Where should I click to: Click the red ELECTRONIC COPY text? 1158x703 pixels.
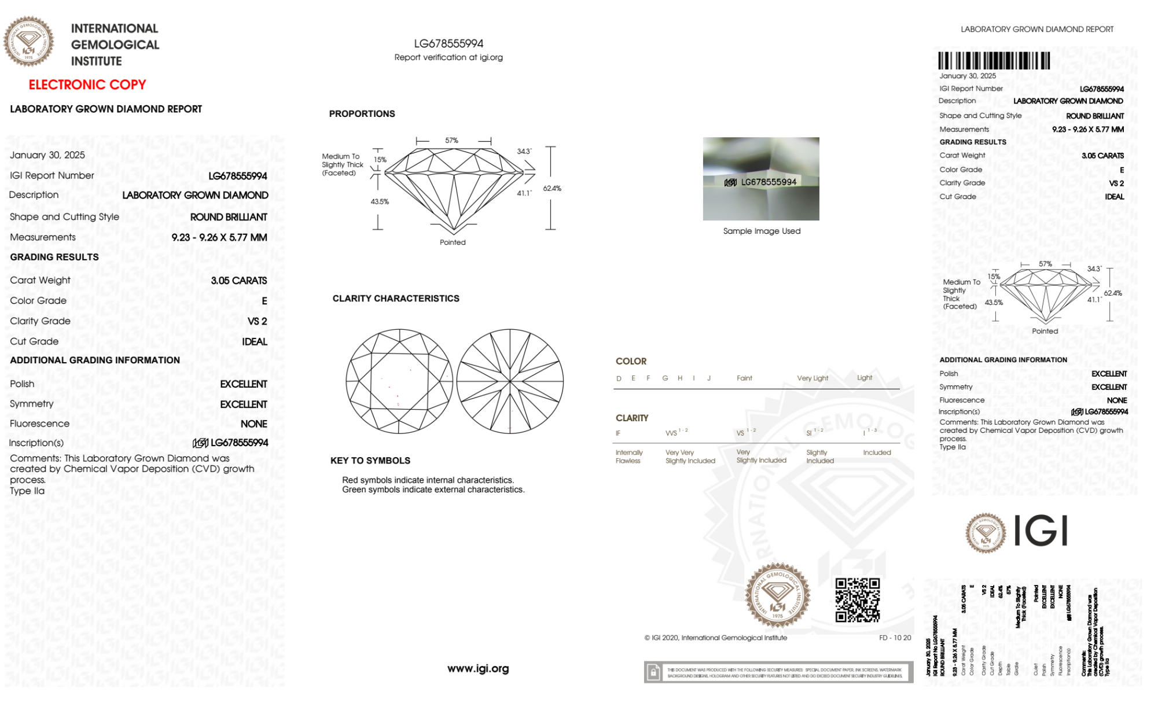87,85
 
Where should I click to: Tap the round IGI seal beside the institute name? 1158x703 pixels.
28,42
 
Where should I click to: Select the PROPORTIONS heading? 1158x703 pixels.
362,114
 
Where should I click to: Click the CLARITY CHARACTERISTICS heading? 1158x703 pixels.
396,299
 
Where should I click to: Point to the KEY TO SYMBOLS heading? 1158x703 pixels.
370,461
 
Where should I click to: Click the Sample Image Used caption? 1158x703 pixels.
762,231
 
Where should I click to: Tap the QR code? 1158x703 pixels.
857,600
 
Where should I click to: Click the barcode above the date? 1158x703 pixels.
994,61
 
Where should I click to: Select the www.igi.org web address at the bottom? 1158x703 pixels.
478,669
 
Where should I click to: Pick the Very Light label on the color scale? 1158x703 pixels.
813,378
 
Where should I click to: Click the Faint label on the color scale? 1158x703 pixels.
744,378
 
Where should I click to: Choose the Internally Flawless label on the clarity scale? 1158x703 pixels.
628,457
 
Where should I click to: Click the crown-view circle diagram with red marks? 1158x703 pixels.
399,381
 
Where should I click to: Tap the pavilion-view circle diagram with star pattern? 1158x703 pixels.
510,381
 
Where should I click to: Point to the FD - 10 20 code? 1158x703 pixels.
895,638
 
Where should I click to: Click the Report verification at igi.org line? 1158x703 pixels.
449,57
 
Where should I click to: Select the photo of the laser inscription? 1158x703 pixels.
761,179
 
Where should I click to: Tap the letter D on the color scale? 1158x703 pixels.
619,378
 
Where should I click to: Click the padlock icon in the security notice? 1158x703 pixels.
653,672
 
